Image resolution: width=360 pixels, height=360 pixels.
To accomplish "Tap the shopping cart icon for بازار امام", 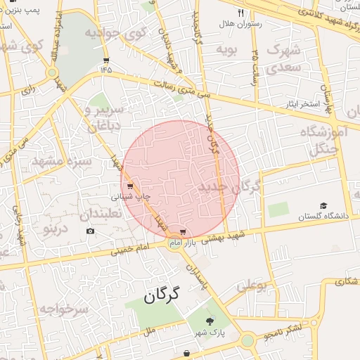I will click(x=183, y=231).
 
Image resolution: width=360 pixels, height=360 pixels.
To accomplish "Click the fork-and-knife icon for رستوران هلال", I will click(x=240, y=13).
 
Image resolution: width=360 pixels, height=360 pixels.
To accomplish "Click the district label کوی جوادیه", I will click(x=115, y=34).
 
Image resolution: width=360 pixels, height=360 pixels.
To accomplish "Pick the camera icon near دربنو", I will click(x=90, y=231).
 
